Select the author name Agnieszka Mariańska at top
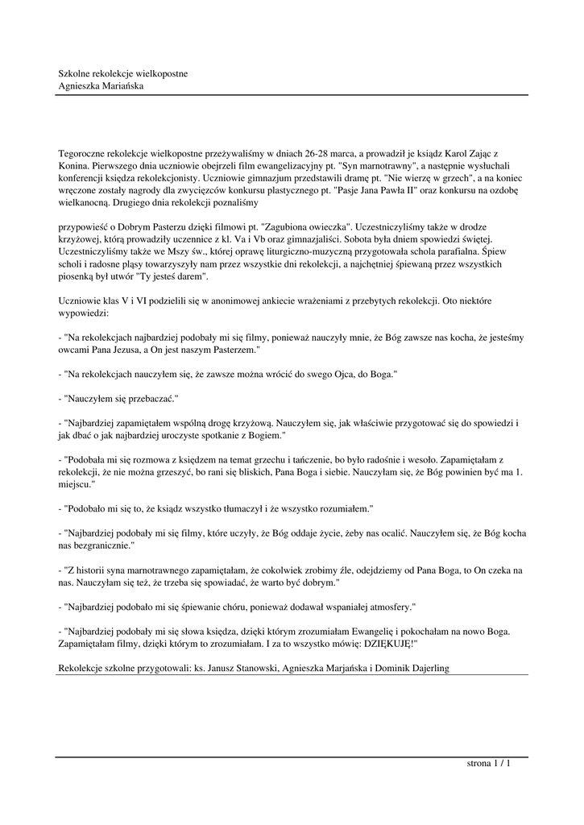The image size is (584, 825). click(101, 85)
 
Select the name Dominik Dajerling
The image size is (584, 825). click(409, 668)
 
